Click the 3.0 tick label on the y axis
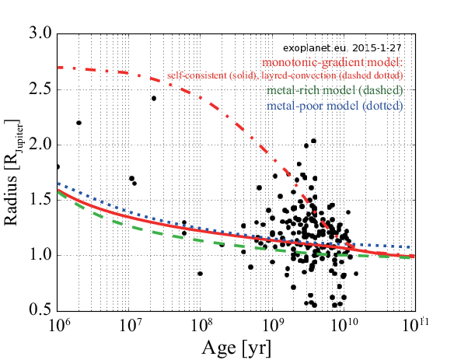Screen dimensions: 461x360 40,33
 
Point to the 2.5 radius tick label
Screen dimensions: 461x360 40,89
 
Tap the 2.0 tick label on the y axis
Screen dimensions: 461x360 40,145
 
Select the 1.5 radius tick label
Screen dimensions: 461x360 40,200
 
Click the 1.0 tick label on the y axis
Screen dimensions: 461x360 40,255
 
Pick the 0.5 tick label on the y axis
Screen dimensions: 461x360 40,310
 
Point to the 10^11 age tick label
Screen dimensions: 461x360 416,325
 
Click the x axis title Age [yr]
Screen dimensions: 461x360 236,348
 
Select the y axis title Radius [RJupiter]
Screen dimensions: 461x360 12,173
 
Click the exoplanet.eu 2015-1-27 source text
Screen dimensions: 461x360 342,48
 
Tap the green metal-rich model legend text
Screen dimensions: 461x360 334,90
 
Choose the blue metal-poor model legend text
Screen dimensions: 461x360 334,106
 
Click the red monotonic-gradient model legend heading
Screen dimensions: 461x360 332,62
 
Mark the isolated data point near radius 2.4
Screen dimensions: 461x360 154,98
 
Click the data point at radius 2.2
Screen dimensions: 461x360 79,123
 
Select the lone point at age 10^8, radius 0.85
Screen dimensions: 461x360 201,274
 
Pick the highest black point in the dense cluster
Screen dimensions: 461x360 314,141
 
